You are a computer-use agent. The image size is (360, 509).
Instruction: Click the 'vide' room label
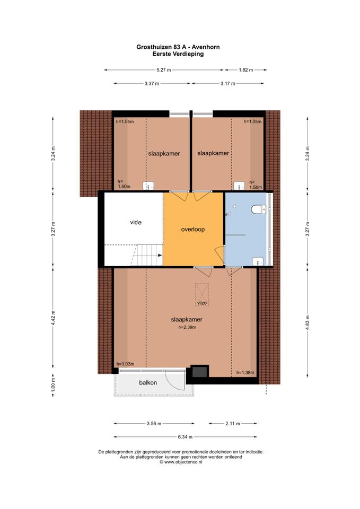pyautogui.click(x=136, y=222)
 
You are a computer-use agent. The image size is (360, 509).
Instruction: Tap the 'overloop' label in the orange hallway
pyautogui.click(x=193, y=230)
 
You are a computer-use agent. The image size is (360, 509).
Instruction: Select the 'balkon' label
pyautogui.click(x=148, y=383)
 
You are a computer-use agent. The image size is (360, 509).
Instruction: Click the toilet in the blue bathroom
pyautogui.click(x=258, y=209)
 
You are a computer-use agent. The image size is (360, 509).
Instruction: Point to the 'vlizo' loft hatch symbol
pyautogui.click(x=202, y=294)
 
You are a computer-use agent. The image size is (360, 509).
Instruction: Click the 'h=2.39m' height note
pyautogui.click(x=187, y=327)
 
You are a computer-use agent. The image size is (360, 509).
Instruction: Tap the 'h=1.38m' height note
pyautogui.click(x=245, y=373)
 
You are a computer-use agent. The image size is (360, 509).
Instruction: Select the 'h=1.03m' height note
pyautogui.click(x=125, y=364)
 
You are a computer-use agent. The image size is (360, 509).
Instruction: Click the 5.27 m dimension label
pyautogui.click(x=164, y=70)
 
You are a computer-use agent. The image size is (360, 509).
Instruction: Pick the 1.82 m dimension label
pyautogui.click(x=245, y=70)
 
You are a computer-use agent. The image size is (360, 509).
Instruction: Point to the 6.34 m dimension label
pyautogui.click(x=185, y=437)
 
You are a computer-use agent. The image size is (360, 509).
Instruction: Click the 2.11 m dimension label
pyautogui.click(x=233, y=424)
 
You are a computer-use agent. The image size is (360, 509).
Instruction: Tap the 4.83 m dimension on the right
pyautogui.click(x=308, y=323)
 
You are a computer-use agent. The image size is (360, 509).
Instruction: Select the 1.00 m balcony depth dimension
pyautogui.click(x=53, y=385)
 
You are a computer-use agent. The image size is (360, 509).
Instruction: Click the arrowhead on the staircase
pyautogui.click(x=160, y=256)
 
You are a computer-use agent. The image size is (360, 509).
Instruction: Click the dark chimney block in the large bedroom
pyautogui.click(x=200, y=371)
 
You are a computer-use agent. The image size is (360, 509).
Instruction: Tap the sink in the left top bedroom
pyautogui.click(x=149, y=186)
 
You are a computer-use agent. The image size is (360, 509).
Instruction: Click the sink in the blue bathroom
pyautogui.click(x=258, y=261)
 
